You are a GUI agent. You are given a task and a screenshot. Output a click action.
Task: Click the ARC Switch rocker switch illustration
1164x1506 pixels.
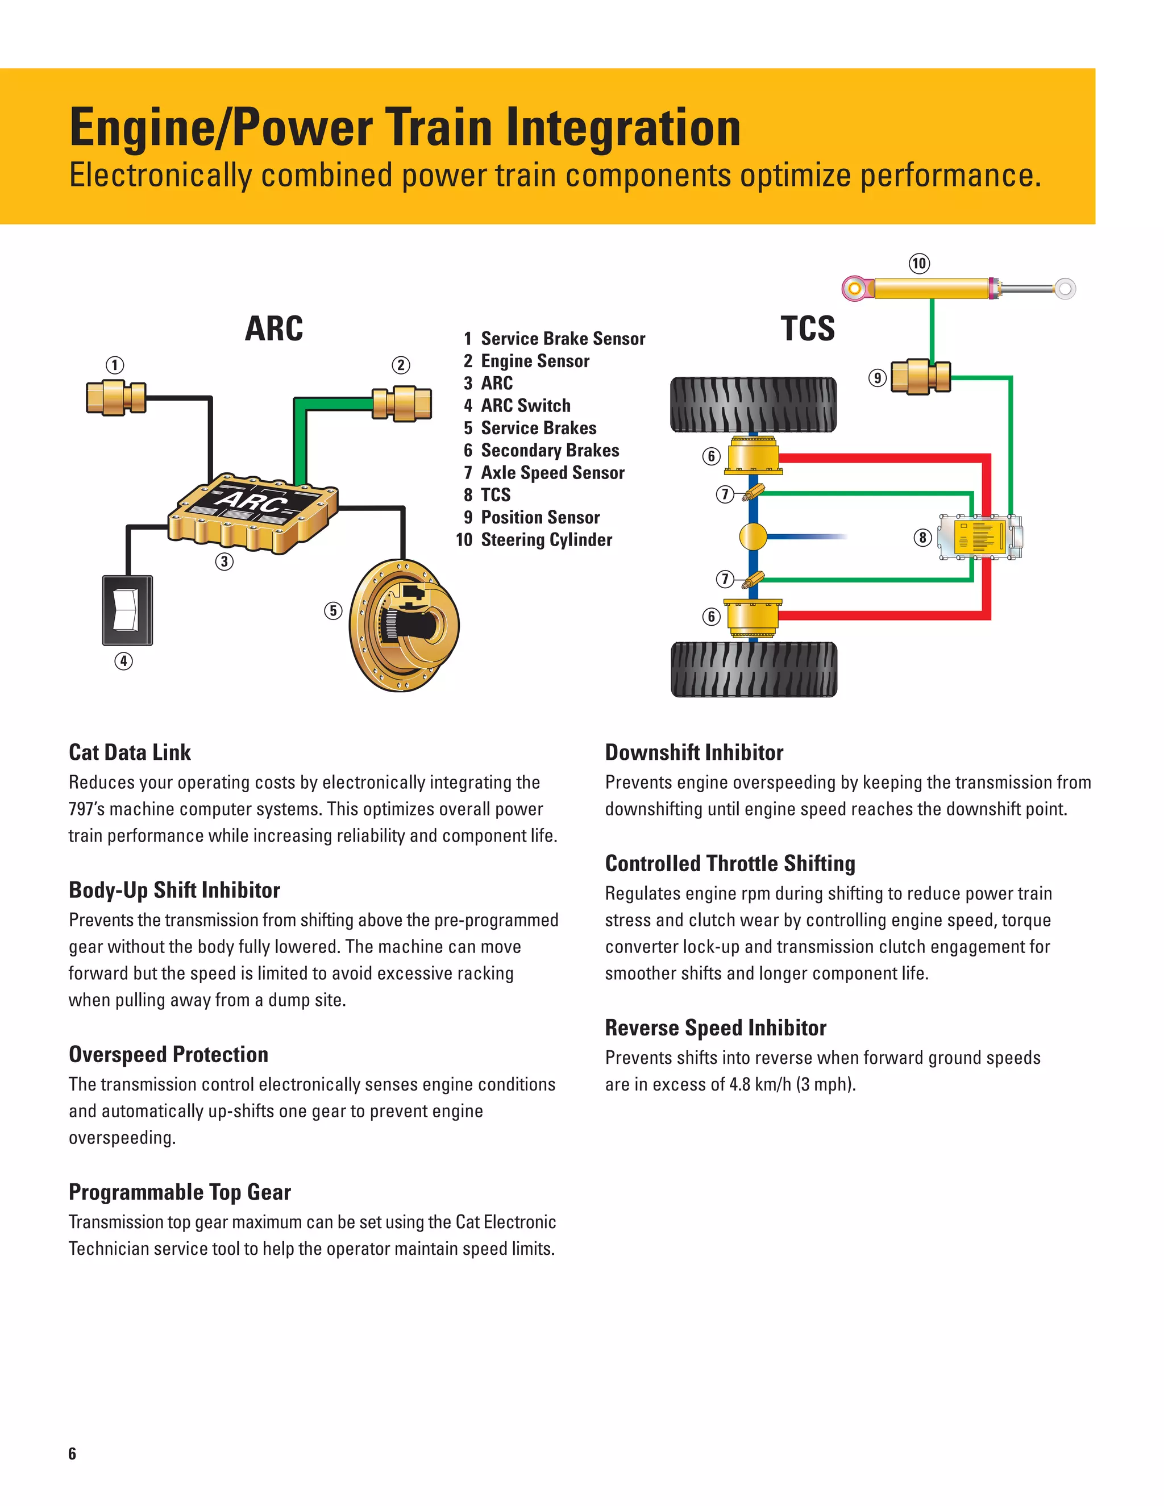tap(127, 610)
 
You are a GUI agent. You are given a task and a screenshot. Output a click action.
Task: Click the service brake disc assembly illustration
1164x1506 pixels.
tap(404, 626)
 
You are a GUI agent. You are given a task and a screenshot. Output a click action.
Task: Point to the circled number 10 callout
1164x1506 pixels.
tap(919, 264)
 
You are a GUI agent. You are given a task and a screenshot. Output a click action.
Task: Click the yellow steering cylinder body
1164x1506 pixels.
tap(931, 288)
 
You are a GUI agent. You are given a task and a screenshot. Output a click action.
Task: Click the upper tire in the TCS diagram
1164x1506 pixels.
tap(753, 405)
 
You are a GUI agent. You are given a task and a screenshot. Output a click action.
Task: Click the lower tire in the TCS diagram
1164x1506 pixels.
tap(753, 669)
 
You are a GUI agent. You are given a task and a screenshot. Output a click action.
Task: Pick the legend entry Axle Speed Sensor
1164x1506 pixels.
tap(552, 472)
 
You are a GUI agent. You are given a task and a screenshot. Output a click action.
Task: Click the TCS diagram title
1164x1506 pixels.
tap(808, 328)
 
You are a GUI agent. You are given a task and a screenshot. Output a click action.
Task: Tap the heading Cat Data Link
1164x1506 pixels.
tap(130, 752)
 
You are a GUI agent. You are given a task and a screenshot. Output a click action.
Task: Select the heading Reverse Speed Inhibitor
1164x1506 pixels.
tap(715, 1027)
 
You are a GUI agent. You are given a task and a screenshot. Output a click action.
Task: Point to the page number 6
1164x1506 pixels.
tap(72, 1453)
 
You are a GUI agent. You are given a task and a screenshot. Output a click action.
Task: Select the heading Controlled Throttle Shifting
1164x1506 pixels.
tap(730, 863)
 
